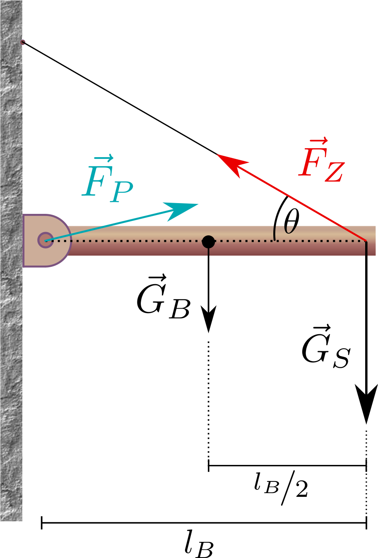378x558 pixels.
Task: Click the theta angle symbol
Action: (x=291, y=221)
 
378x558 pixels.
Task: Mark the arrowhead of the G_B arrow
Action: (x=208, y=319)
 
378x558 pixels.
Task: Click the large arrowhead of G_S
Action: (x=366, y=404)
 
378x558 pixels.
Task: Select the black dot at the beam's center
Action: (x=208, y=242)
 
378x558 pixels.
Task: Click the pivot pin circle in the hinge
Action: (x=45, y=240)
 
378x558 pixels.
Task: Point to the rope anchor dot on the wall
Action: (x=22, y=42)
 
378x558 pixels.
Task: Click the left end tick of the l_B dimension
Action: (x=42, y=522)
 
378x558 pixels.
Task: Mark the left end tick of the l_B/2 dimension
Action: (x=208, y=465)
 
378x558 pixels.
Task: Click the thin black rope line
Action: (x=120, y=98)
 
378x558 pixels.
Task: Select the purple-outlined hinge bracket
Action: (x=47, y=241)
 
